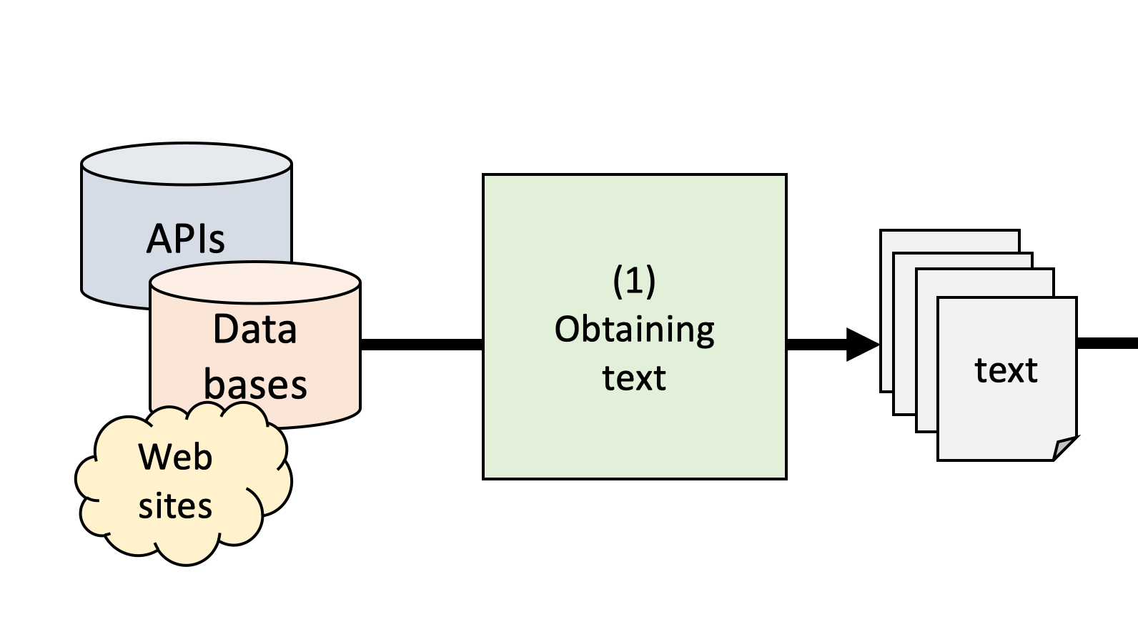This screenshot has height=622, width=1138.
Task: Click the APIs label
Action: pyautogui.click(x=186, y=239)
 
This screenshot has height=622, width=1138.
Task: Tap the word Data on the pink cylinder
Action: pyautogui.click(x=254, y=330)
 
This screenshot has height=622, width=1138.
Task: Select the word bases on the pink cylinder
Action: pyautogui.click(x=255, y=385)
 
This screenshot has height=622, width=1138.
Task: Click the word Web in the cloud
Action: pyautogui.click(x=175, y=457)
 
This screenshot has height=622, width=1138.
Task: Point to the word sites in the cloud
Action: pyautogui.click(x=175, y=506)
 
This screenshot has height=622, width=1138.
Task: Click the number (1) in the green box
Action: pyautogui.click(x=634, y=280)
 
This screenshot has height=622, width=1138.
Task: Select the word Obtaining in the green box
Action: pyautogui.click(x=634, y=330)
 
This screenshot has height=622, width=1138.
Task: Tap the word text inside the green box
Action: pyautogui.click(x=634, y=378)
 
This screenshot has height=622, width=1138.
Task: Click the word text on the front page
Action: pyautogui.click(x=1006, y=370)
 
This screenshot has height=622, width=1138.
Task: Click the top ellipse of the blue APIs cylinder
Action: pyautogui.click(x=187, y=164)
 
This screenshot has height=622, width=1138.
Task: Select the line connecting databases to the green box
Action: pyautogui.click(x=422, y=345)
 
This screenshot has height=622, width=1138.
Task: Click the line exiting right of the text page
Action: pyautogui.click(x=1108, y=344)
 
